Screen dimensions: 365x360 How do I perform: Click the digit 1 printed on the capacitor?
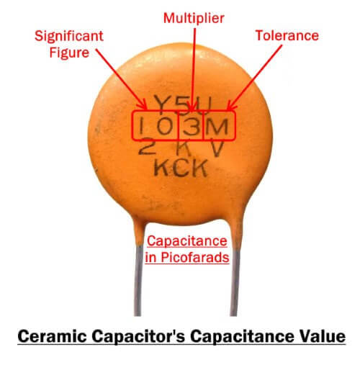143,127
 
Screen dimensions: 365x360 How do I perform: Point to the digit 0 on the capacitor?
166,128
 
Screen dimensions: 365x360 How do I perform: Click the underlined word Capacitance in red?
186,240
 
